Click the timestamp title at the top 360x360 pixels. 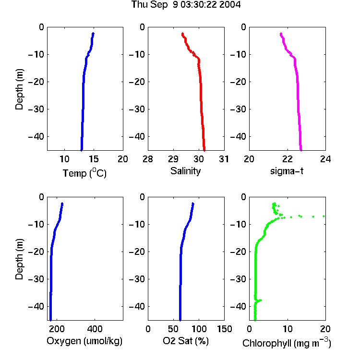point(186,5)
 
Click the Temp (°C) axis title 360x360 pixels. point(84,173)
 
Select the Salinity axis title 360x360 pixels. point(185,171)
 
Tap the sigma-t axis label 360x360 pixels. point(287,171)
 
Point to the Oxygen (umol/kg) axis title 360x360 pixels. point(84,341)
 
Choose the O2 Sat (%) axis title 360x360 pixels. point(186,341)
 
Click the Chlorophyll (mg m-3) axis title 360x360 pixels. point(287,343)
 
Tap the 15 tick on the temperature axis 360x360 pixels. point(94,159)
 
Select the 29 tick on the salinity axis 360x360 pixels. point(173,159)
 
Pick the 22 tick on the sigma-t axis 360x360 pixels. point(287,159)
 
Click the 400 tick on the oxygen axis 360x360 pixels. point(95,329)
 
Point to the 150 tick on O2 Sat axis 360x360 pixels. point(224,329)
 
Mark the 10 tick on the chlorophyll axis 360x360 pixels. point(287,329)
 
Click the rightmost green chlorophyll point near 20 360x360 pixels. point(324,216)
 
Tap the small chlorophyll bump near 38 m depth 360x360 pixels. point(260,300)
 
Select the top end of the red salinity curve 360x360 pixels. point(183,34)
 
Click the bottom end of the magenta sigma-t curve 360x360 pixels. point(301,150)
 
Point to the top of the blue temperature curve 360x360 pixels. point(93,34)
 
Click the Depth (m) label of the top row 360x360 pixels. point(19,89)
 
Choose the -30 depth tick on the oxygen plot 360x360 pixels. point(36,279)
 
